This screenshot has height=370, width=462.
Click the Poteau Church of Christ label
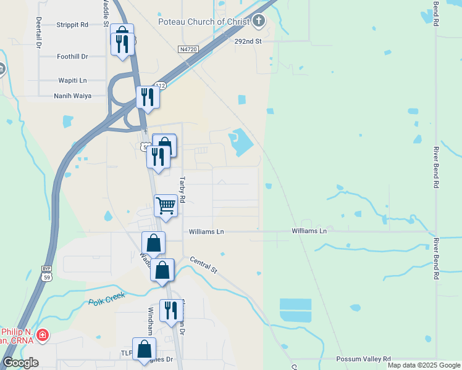tap(204, 22)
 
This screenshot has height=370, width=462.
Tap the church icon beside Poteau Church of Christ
tap(258, 22)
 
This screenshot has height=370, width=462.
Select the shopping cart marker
tap(166, 206)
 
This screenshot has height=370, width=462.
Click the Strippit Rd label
tap(72, 25)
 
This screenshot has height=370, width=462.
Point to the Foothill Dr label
tap(72, 56)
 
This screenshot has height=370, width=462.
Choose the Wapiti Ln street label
tap(72, 80)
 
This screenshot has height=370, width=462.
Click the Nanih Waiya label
tap(72, 96)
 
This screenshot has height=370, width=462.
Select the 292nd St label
tap(248, 41)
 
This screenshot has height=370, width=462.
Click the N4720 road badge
tap(188, 49)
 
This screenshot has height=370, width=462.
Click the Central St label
tap(204, 265)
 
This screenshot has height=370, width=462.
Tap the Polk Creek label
tap(106, 298)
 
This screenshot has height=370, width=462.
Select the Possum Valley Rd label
tap(364, 359)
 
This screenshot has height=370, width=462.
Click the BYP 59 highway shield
tap(46, 272)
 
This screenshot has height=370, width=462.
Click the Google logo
tap(20, 362)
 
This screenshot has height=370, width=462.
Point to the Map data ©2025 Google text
tap(424, 365)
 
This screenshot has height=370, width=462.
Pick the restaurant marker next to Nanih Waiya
tap(148, 97)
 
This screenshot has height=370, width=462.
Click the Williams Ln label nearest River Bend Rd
tap(309, 231)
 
